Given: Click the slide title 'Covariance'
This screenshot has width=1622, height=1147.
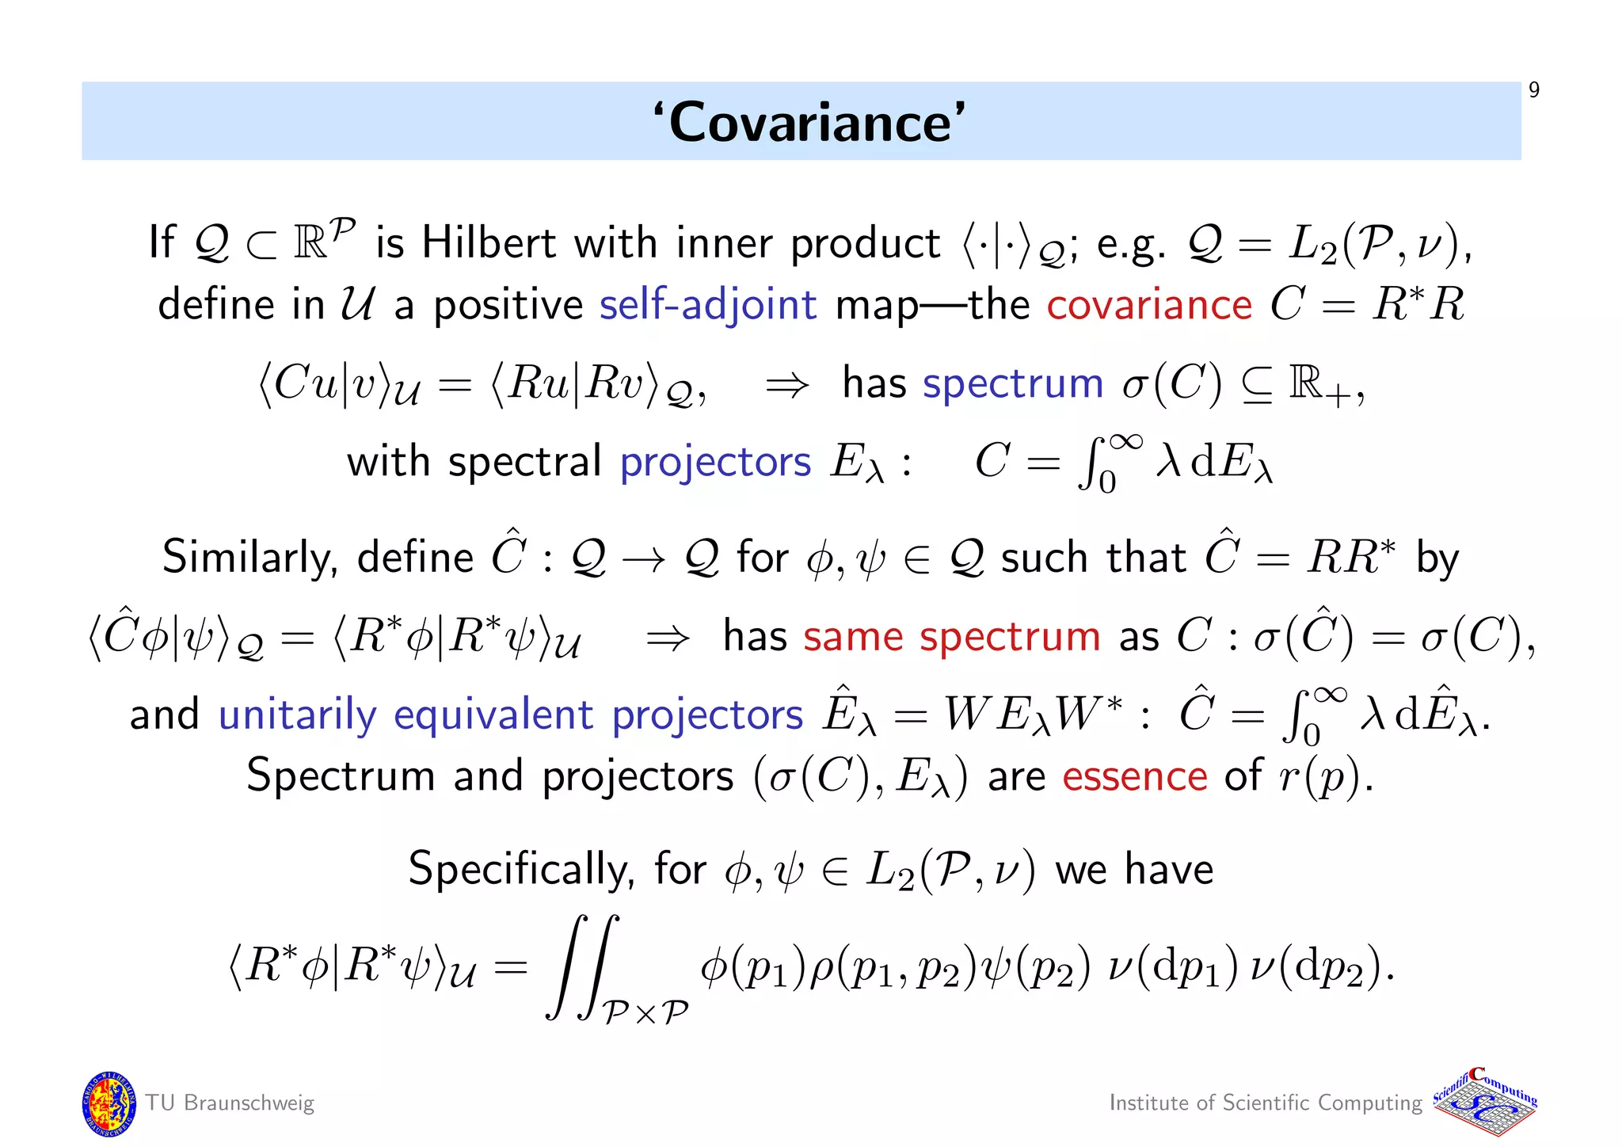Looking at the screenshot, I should tap(809, 123).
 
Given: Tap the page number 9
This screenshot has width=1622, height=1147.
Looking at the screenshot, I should tap(1533, 90).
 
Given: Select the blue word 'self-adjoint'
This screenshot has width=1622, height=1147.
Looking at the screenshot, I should tap(707, 305).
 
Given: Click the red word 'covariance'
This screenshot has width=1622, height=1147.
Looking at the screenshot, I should tap(1148, 305).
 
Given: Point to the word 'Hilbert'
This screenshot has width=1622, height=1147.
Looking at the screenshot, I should tap(489, 242).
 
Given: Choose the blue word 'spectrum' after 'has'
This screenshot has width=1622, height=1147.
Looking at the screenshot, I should tap(1013, 384).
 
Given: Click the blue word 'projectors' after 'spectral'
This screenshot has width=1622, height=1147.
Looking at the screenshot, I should tap(715, 462).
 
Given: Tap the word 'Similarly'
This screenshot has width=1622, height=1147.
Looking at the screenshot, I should tap(250, 558).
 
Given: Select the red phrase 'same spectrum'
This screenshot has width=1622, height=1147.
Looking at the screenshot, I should tap(951, 636).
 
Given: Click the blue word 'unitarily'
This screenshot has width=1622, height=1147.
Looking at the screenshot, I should tap(297, 715).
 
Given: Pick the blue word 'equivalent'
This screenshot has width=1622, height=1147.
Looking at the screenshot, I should tap(493, 715).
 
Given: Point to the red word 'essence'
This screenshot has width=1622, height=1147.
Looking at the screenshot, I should tap(1134, 776).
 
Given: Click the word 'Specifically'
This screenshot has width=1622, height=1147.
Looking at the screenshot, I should tap(521, 870).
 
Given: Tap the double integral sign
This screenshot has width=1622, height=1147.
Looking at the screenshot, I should tap(582, 966).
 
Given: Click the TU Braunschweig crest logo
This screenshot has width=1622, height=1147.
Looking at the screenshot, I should tap(109, 1103).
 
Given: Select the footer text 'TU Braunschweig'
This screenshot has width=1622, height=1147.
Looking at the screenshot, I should tap(230, 1103).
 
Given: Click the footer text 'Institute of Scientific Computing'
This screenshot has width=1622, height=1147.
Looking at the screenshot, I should tap(1265, 1103).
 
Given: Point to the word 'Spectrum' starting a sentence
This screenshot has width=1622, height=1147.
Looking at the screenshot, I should tap(341, 776).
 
